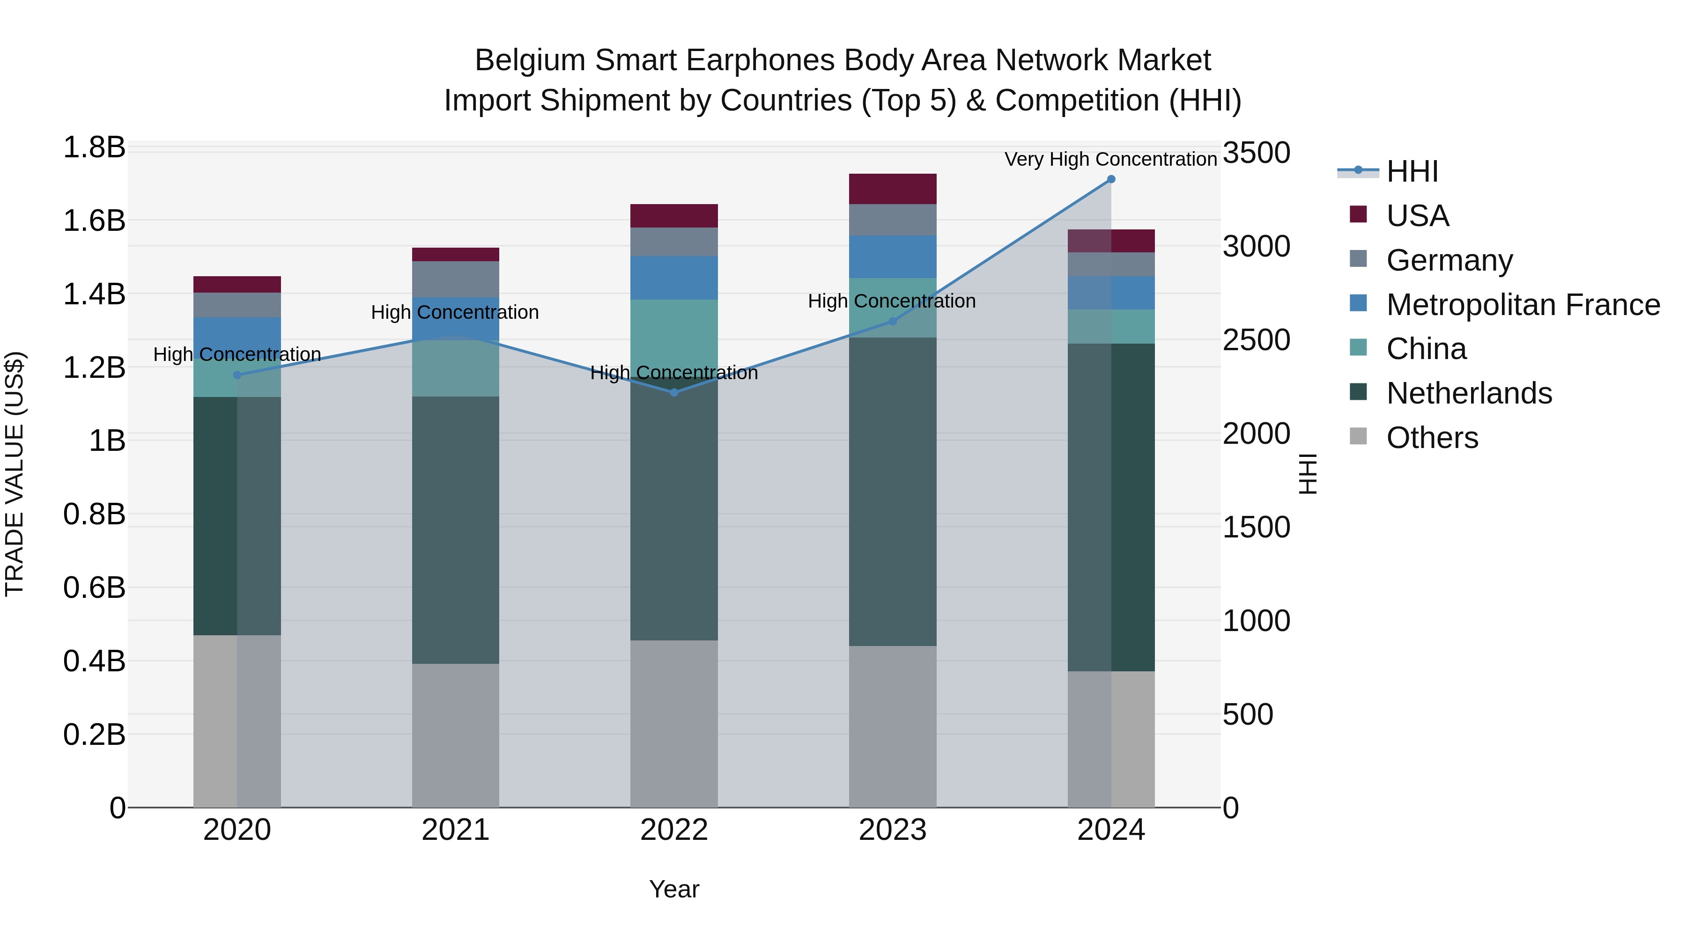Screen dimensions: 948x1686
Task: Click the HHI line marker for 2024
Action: point(1111,179)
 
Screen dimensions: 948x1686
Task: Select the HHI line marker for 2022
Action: point(674,393)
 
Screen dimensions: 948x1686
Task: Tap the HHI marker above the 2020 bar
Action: point(237,375)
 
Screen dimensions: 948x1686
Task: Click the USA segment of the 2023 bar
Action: point(892,189)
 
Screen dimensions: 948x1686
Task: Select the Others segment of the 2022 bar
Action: point(673,723)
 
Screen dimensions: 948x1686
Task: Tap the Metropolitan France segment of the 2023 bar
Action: point(892,257)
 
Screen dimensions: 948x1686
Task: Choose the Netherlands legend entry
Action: point(1469,393)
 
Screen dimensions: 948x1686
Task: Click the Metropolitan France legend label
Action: point(1523,305)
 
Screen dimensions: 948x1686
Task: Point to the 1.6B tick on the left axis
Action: point(94,221)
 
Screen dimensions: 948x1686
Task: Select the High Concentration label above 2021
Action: point(455,312)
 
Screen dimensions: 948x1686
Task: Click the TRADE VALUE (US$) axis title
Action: point(15,474)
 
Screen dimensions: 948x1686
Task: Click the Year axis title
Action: point(673,889)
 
